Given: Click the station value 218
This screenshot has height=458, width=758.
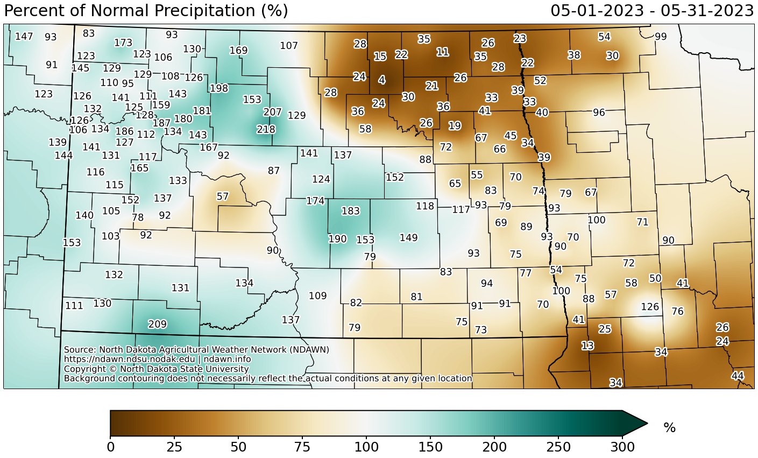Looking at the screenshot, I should (x=266, y=129).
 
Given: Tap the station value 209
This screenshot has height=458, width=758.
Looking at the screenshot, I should (x=157, y=324).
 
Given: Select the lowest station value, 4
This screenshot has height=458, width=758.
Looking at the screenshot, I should (x=381, y=80).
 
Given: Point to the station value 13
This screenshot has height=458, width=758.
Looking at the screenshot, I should (x=587, y=346).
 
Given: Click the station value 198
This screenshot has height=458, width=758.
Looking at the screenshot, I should (x=219, y=88).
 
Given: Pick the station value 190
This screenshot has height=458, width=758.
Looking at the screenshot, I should (x=337, y=239).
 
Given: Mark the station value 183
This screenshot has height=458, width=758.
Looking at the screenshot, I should (x=350, y=211).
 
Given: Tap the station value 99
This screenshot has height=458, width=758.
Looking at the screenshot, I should (x=661, y=37).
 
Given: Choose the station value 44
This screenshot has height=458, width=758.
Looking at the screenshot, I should (x=738, y=376).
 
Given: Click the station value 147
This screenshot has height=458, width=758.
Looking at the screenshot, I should (x=24, y=37).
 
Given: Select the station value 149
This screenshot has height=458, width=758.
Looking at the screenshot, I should (x=408, y=237).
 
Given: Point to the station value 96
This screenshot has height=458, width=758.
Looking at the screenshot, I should (x=599, y=112).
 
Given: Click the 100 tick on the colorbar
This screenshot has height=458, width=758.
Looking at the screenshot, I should (x=366, y=436).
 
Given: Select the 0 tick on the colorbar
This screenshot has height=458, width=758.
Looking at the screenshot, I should (x=110, y=436).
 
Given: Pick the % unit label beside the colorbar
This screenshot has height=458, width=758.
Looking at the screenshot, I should (x=669, y=428).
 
